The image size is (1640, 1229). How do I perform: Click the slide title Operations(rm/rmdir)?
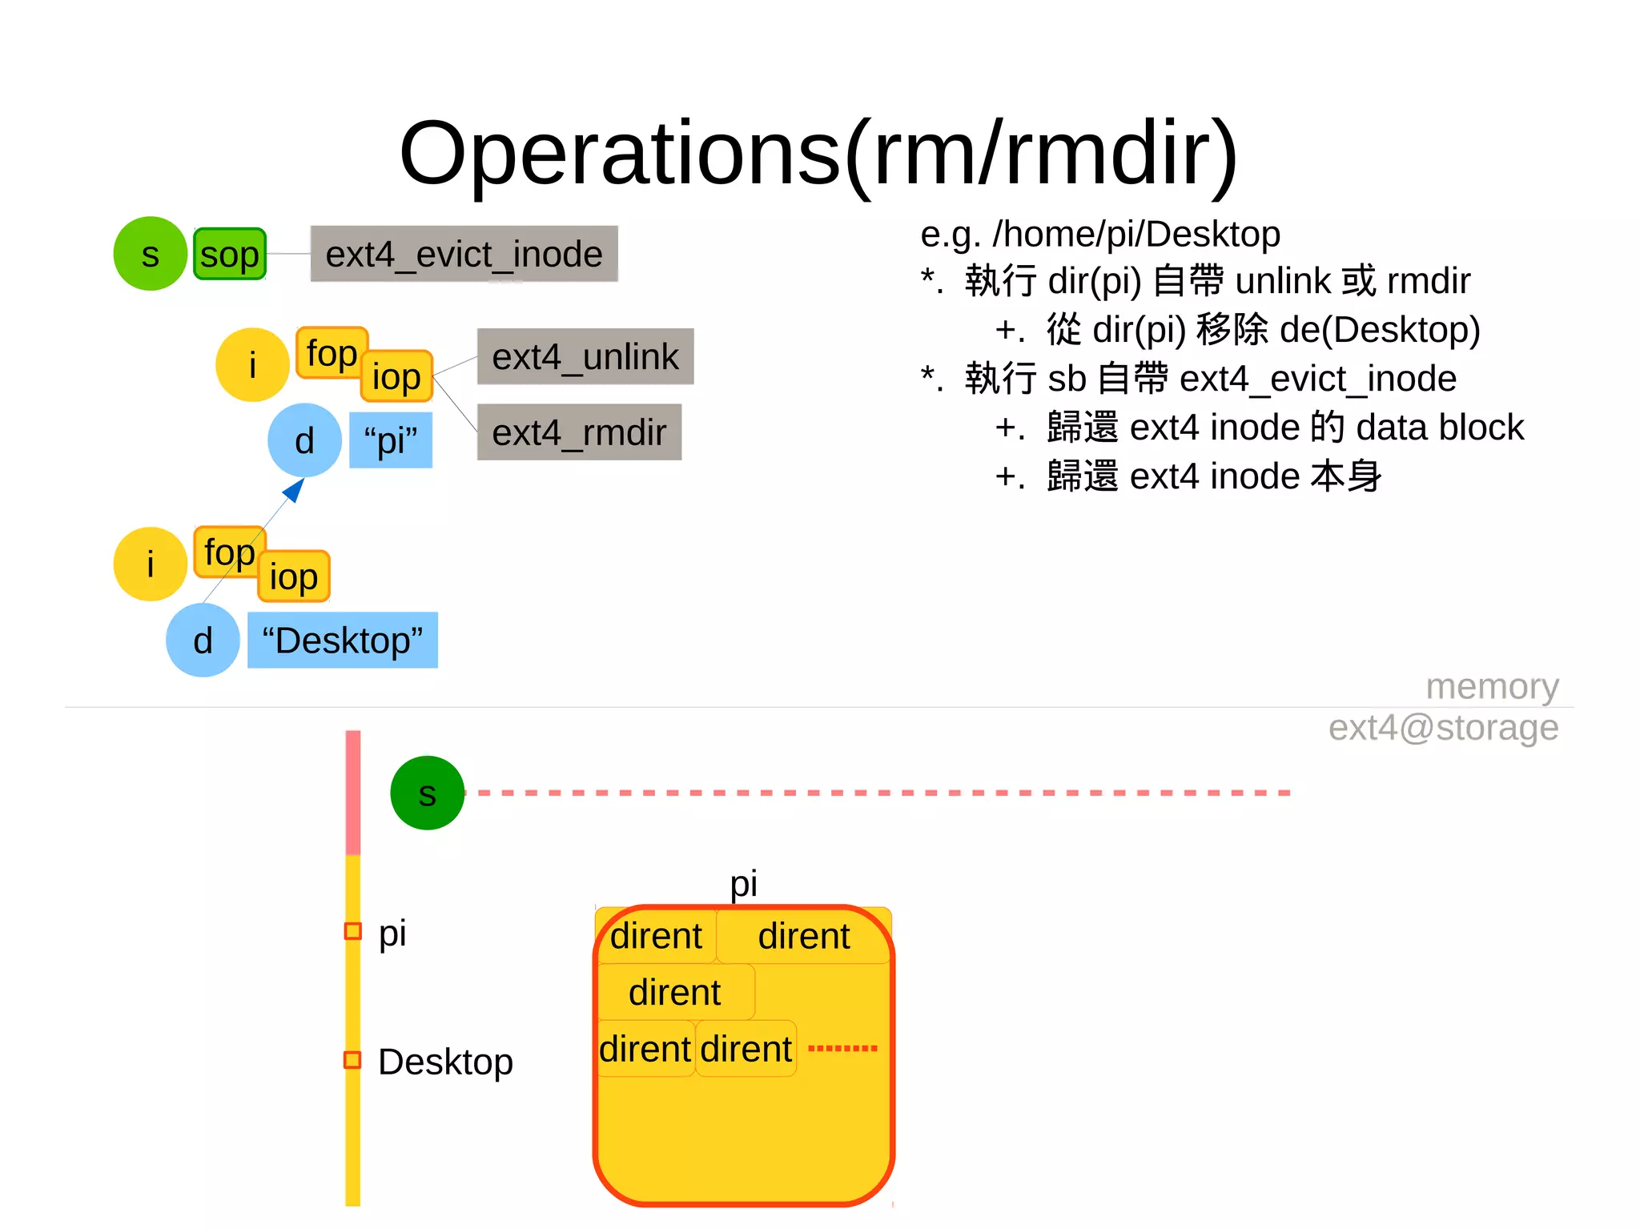click(x=818, y=152)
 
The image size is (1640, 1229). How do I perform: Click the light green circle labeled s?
click(x=150, y=254)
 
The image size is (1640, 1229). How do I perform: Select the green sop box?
click(x=230, y=255)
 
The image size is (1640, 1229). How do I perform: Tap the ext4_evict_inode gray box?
click(x=464, y=254)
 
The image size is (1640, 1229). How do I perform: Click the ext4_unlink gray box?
click(x=585, y=356)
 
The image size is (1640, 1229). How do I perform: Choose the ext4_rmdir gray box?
click(x=578, y=432)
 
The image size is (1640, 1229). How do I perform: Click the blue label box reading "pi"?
click(x=391, y=440)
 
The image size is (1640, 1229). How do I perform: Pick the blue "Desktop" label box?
click(x=342, y=640)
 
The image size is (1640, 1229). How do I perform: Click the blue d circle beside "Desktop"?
click(x=203, y=640)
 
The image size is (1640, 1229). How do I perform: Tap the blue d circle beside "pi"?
click(x=304, y=440)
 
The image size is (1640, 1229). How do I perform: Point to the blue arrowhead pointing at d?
click(x=295, y=488)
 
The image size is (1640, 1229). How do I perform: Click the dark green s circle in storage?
click(x=427, y=793)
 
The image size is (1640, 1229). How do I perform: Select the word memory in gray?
click(x=1492, y=686)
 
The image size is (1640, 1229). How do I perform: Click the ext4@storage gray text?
click(x=1442, y=728)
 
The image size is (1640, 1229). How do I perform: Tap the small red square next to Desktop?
click(x=352, y=1059)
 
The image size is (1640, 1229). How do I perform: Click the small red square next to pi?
click(x=352, y=931)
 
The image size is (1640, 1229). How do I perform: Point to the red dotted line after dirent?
click(x=842, y=1048)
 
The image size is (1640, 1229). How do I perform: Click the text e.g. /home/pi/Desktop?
click(x=1099, y=234)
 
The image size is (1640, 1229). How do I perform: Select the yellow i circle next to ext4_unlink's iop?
click(x=252, y=365)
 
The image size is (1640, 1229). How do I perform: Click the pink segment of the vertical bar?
click(x=352, y=793)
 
